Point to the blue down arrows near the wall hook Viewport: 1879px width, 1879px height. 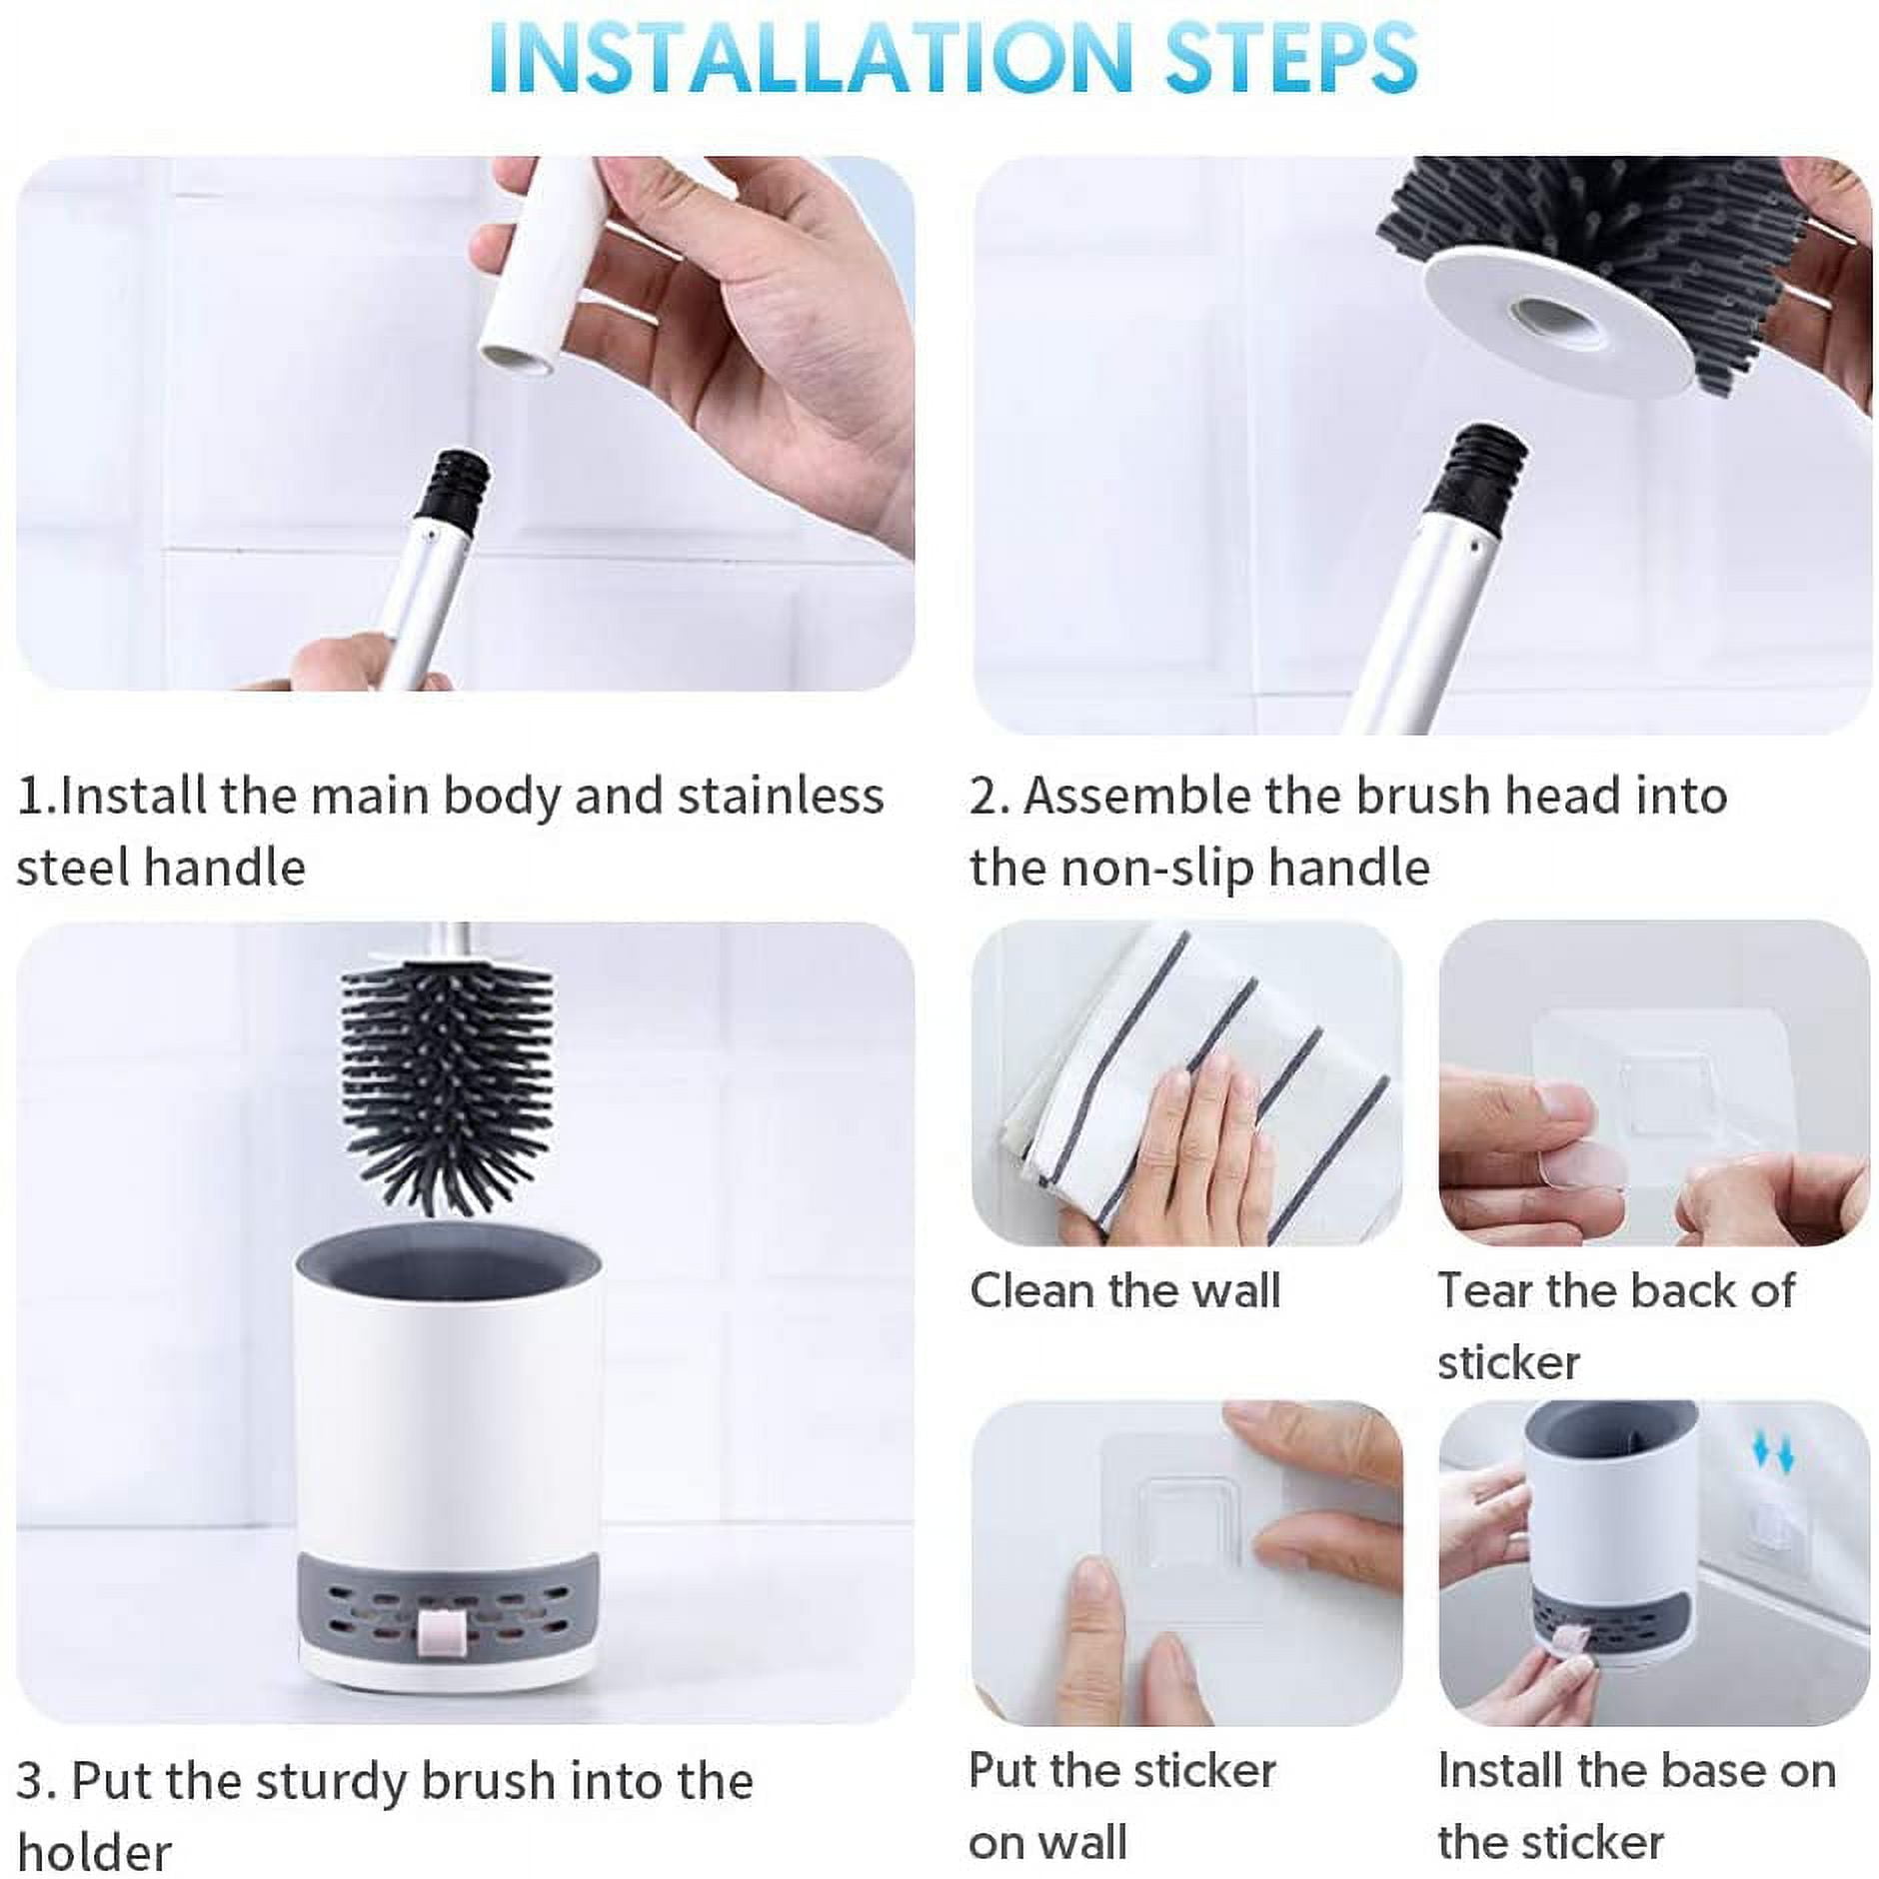pos(1773,1455)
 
